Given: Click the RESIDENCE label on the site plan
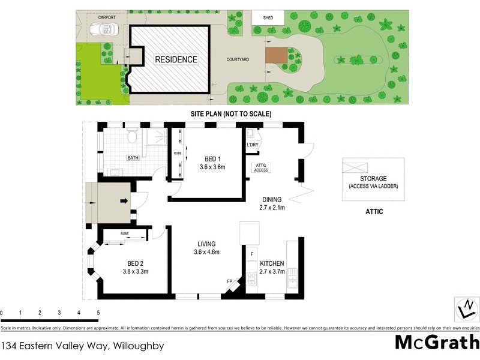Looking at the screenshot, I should click(176, 59).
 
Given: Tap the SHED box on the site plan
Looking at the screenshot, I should click(268, 18).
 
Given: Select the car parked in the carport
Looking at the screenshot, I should click(104, 30).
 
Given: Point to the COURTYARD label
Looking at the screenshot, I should click(238, 59).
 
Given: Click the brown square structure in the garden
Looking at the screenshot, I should click(277, 55).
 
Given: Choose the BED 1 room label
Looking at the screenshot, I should click(212, 159).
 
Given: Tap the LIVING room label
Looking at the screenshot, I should click(207, 244).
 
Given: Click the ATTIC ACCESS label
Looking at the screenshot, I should click(261, 167).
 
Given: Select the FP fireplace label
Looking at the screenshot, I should click(229, 281).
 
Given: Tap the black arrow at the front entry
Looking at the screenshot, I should click(124, 200).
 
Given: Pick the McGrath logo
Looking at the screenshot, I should click(436, 343).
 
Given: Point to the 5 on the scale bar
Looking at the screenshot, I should click(98, 313).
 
